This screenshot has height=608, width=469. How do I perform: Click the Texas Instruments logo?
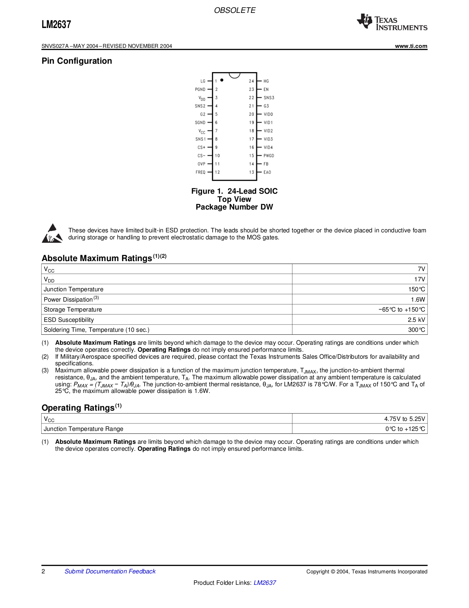pyautogui.click(x=392, y=22)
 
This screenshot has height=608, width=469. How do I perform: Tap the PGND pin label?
pyautogui.click(x=200, y=89)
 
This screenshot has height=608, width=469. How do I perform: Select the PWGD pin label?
pyautogui.click(x=269, y=156)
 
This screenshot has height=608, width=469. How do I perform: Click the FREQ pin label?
pyautogui.click(x=200, y=172)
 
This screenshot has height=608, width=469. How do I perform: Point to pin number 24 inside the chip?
pyautogui.click(x=251, y=81)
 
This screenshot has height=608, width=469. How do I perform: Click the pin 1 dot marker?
pyautogui.click(x=222, y=80)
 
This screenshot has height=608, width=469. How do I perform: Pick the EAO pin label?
pyautogui.click(x=267, y=172)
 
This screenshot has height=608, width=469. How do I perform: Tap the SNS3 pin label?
pyautogui.click(x=269, y=98)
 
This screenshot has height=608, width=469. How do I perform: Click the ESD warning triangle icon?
pyautogui.click(x=52, y=233)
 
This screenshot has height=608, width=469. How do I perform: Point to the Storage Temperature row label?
pyautogui.click(x=73, y=310)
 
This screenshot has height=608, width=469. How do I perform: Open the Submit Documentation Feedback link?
pyautogui.click(x=110, y=571)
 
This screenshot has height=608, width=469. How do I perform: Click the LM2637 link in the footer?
pyautogui.click(x=265, y=583)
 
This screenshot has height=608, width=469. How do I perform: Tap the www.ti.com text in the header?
pyautogui.click(x=411, y=46)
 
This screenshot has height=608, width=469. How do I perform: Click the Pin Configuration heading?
pyautogui.click(x=77, y=61)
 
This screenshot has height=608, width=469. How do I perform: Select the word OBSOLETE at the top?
pyautogui.click(x=235, y=10)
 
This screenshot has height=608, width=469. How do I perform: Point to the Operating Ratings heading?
pyautogui.click(x=78, y=408)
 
